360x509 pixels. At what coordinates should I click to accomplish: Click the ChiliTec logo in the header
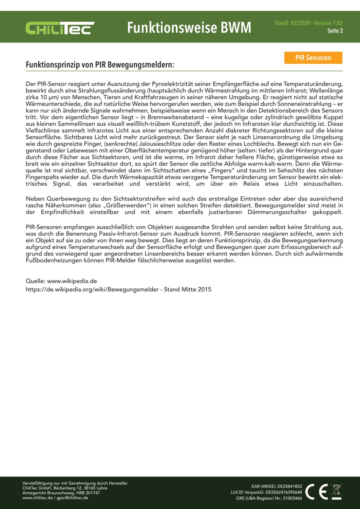click(x=60, y=28)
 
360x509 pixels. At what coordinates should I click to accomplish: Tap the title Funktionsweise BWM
click(x=189, y=27)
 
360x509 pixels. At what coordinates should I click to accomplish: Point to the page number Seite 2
click(x=335, y=31)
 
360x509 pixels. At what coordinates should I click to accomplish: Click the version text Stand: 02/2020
click(x=292, y=23)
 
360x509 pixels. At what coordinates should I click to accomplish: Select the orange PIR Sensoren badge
click(x=313, y=58)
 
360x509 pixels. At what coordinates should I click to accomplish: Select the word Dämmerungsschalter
click(x=277, y=212)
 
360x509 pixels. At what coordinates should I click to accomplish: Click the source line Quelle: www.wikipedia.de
click(x=61, y=281)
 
